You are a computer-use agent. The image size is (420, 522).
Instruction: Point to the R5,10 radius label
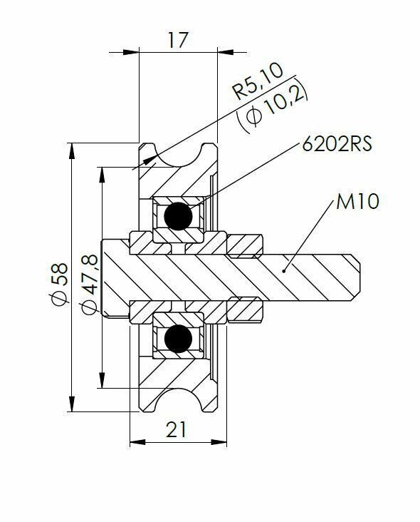pyautogui.click(x=258, y=81)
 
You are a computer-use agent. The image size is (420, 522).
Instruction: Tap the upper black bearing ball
pyautogui.click(x=177, y=215)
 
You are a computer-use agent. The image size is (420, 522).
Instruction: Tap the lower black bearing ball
pyautogui.click(x=177, y=339)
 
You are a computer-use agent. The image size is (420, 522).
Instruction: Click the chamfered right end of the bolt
pyautogui.click(x=358, y=277)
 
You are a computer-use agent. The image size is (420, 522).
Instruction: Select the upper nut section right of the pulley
pyautogui.click(x=246, y=246)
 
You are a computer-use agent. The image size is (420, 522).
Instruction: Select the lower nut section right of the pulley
pyautogui.click(x=246, y=307)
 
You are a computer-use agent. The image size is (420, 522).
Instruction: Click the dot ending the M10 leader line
pyautogui.click(x=283, y=270)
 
